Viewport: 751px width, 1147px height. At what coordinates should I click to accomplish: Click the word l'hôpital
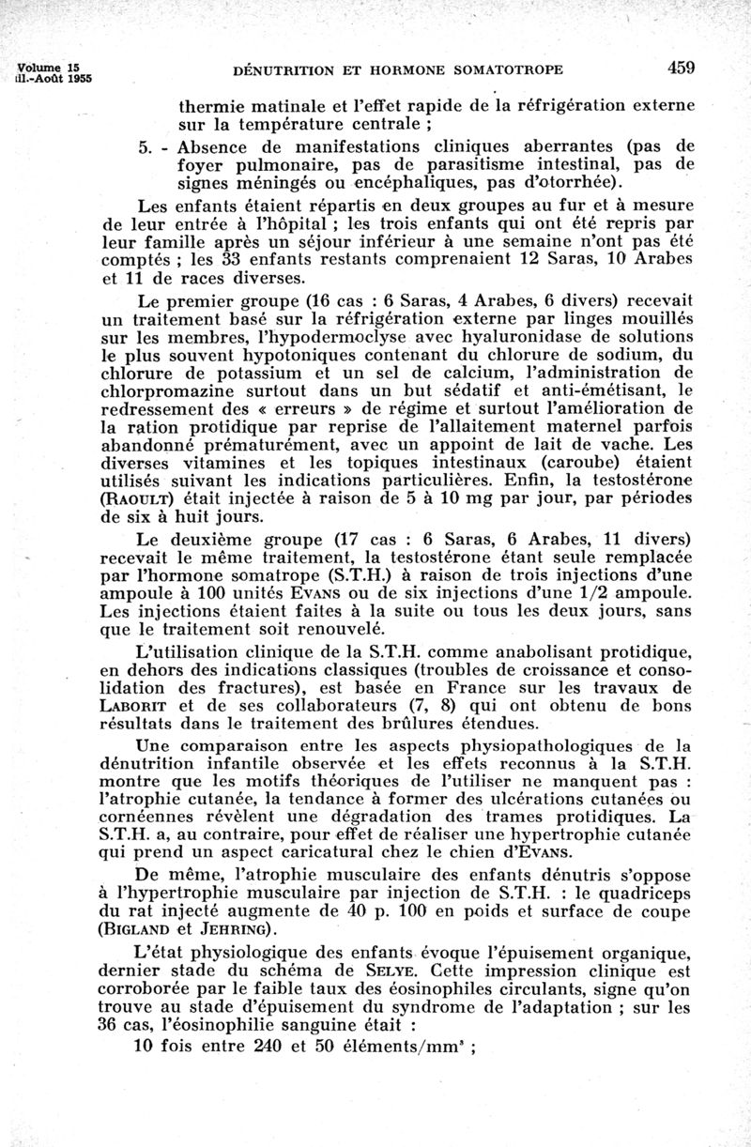click(x=279, y=222)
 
